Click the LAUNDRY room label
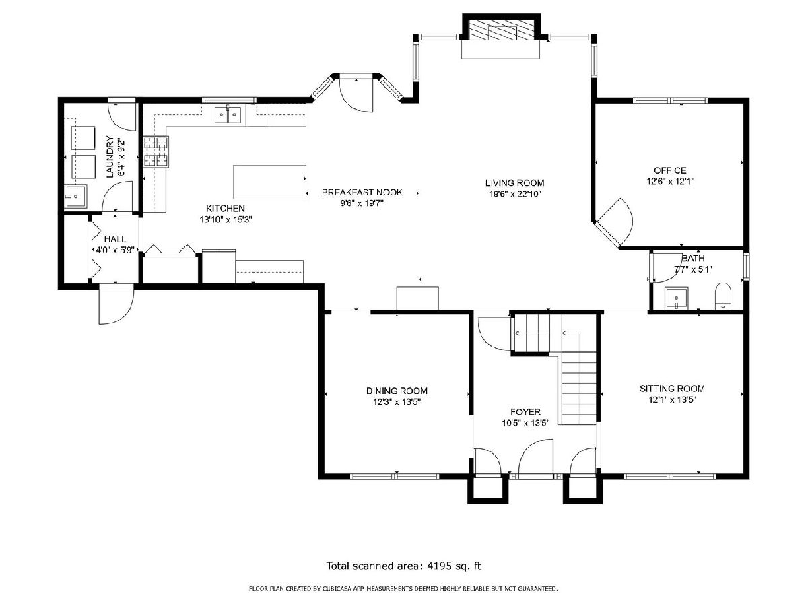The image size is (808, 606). point(110,157)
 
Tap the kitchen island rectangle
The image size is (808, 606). point(269,182)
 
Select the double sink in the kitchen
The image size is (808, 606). point(228,114)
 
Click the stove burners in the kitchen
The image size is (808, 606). point(156,151)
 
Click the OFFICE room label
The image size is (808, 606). point(670,170)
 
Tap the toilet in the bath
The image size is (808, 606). point(722,296)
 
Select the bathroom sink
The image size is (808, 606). point(677,299)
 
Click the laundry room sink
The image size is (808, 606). point(75,197)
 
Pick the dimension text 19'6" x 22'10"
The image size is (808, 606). point(514,194)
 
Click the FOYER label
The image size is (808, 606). point(525,411)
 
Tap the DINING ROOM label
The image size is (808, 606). point(397,391)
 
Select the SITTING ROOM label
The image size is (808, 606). point(672,389)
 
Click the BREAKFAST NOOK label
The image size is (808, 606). point(362,192)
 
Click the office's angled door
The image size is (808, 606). point(613,222)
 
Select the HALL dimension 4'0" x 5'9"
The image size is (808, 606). point(115,250)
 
